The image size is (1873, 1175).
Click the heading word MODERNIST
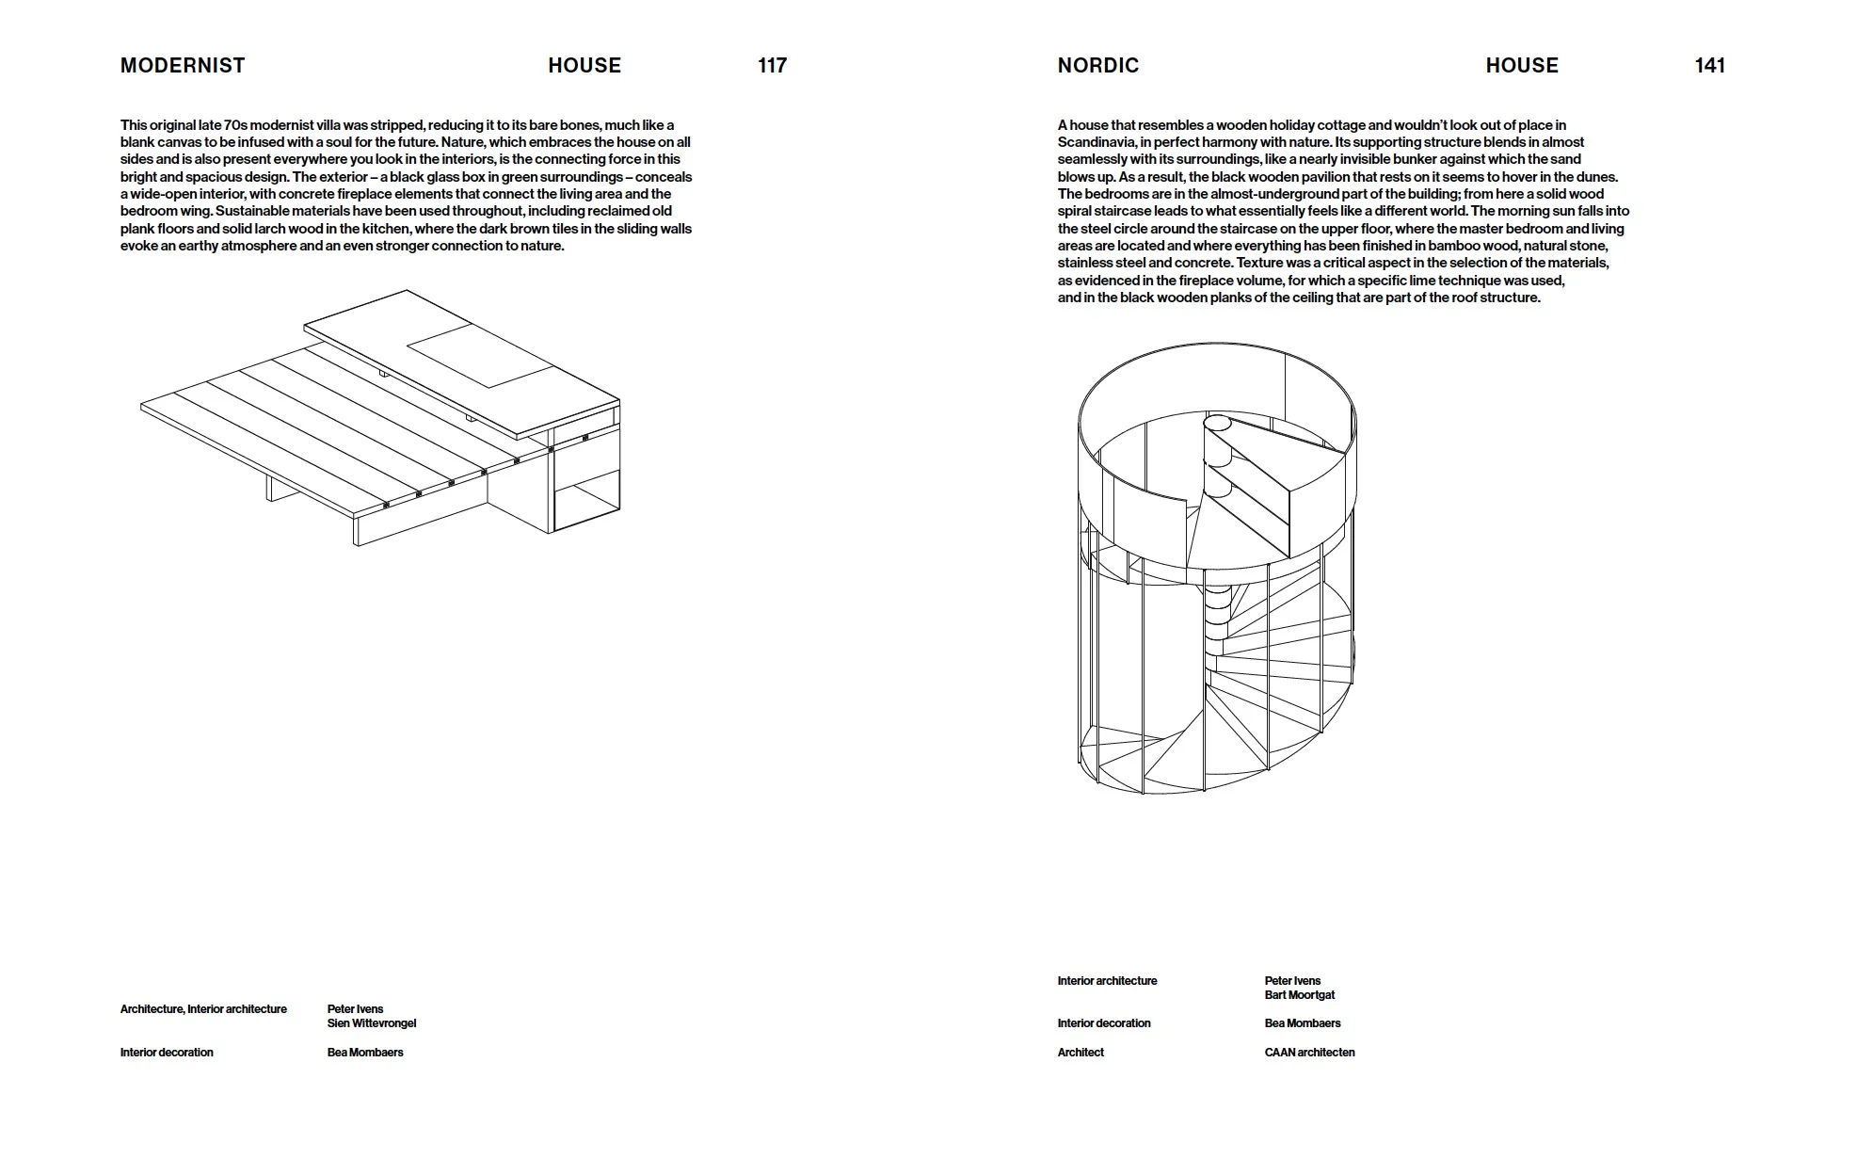pyautogui.click(x=183, y=66)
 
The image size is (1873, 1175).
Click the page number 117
pyautogui.click(x=772, y=66)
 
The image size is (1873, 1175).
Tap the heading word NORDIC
pyautogui.click(x=1097, y=66)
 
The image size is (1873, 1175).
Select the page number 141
pyautogui.click(x=1709, y=66)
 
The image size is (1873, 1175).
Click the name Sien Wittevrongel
pyautogui.click(x=371, y=1023)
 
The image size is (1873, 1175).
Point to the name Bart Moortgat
pyautogui.click(x=1299, y=995)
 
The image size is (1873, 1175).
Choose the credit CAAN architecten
pyautogui.click(x=1309, y=1053)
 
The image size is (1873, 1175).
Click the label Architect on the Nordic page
pyautogui.click(x=1080, y=1053)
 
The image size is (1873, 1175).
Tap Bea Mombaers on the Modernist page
pyautogui.click(x=365, y=1053)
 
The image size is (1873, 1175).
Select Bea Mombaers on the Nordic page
pyautogui.click(x=1303, y=1023)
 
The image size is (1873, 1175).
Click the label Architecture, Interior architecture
pyautogui.click(x=203, y=1009)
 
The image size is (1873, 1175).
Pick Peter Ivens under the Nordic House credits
pyautogui.click(x=1292, y=981)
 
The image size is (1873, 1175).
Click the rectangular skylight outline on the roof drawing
pyautogui.click(x=479, y=355)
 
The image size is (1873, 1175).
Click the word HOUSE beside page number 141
pyautogui.click(x=1522, y=66)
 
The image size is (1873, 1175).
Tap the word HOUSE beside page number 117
pyautogui.click(x=584, y=66)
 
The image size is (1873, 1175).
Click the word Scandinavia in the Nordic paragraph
pyautogui.click(x=1097, y=142)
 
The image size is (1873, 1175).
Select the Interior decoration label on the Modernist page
pyautogui.click(x=167, y=1053)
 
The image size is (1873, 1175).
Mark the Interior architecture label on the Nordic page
pyautogui.click(x=1107, y=981)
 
